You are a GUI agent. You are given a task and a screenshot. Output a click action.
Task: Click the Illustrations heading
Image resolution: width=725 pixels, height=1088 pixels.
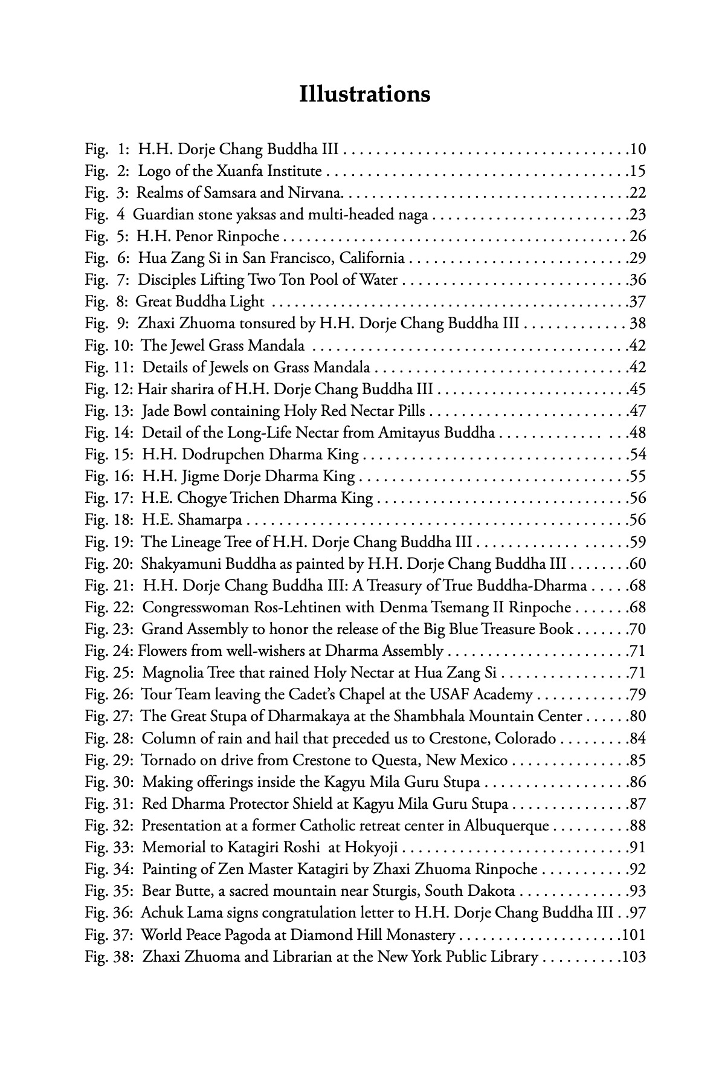click(x=364, y=95)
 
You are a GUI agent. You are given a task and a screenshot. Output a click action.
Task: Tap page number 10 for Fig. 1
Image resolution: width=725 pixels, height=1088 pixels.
click(x=637, y=149)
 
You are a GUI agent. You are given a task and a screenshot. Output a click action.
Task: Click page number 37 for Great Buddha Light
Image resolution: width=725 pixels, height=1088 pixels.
click(x=637, y=302)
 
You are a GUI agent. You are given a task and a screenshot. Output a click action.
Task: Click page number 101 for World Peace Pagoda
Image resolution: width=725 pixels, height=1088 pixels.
click(x=634, y=935)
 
